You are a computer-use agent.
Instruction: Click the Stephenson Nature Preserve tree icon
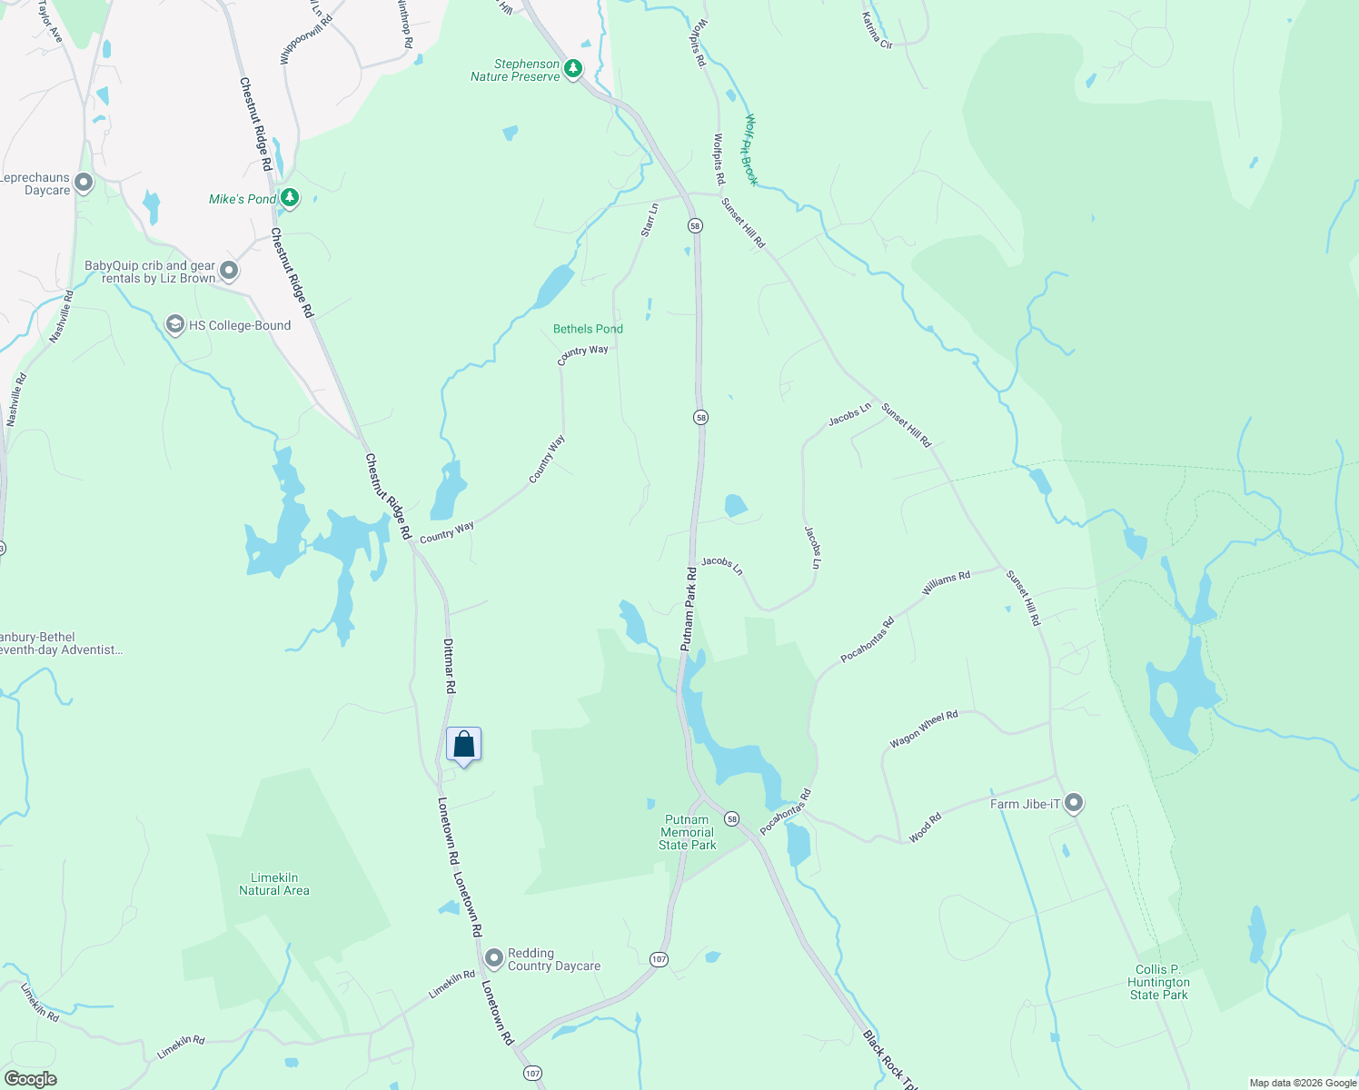[x=573, y=68]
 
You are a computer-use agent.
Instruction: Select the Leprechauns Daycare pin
[x=84, y=183]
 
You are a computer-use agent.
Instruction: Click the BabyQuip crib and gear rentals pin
[x=229, y=270]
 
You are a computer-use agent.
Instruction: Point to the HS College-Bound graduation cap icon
[x=174, y=324]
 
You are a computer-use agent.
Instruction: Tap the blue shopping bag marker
[x=463, y=745]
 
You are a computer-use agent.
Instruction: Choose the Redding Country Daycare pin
[x=494, y=958]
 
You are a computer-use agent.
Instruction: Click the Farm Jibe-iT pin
[x=1074, y=803]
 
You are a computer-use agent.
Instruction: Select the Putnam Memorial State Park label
[x=688, y=832]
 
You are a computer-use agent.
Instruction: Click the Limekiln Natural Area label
[x=274, y=884]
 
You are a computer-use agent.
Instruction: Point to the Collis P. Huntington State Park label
[x=1158, y=982]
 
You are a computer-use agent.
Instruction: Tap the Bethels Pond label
[x=588, y=329]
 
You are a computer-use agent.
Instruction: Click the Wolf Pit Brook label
[x=750, y=150]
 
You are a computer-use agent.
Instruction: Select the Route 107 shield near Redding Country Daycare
[x=659, y=959]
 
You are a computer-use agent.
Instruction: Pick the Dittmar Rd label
[x=450, y=666]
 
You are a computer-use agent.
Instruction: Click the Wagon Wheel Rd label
[x=924, y=729]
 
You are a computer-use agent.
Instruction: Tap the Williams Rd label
[x=946, y=583]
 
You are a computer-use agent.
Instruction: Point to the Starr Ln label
[x=650, y=221]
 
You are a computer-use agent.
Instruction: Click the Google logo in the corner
[x=30, y=1079]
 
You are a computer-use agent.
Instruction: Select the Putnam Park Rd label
[x=689, y=609]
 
